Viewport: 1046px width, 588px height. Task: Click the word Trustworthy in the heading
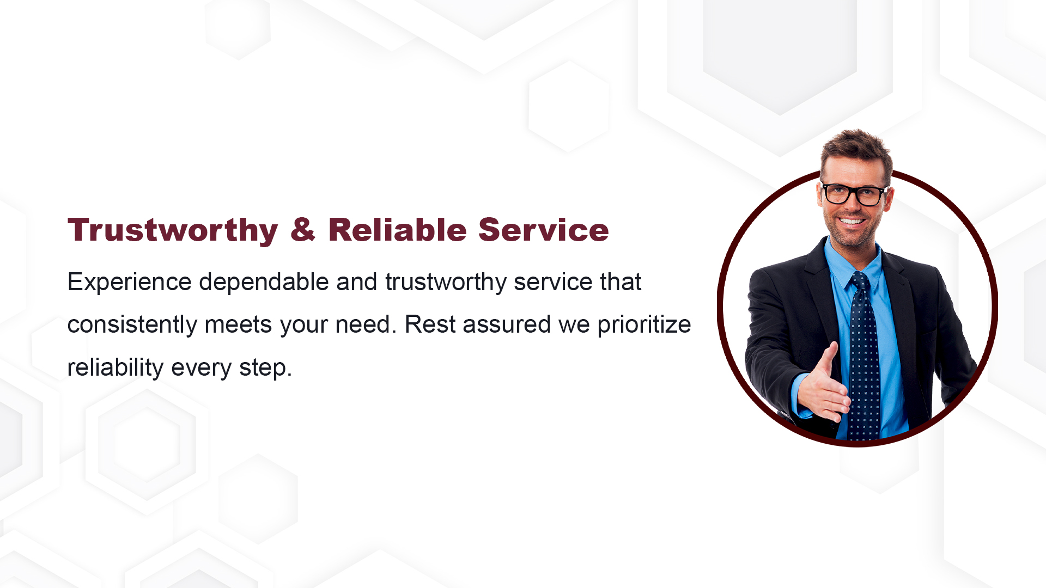pos(173,230)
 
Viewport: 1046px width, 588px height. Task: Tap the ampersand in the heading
pos(303,229)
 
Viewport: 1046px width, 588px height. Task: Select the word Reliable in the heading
pos(397,229)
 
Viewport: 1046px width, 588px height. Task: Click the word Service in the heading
pos(543,229)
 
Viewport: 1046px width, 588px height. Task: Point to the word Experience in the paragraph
pos(130,283)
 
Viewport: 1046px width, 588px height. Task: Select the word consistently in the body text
pos(132,324)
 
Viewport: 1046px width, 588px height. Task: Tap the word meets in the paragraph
pos(238,325)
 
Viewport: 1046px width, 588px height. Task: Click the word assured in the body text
pos(507,325)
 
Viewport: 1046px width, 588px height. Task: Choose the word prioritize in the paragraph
pos(644,325)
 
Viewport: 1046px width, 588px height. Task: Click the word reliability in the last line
pos(115,367)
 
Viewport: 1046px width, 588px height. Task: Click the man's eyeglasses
pos(854,194)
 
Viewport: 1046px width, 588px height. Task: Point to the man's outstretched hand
pos(823,384)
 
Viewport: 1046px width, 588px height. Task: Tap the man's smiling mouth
pos(851,221)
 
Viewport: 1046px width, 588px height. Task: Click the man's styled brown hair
pos(857,150)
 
